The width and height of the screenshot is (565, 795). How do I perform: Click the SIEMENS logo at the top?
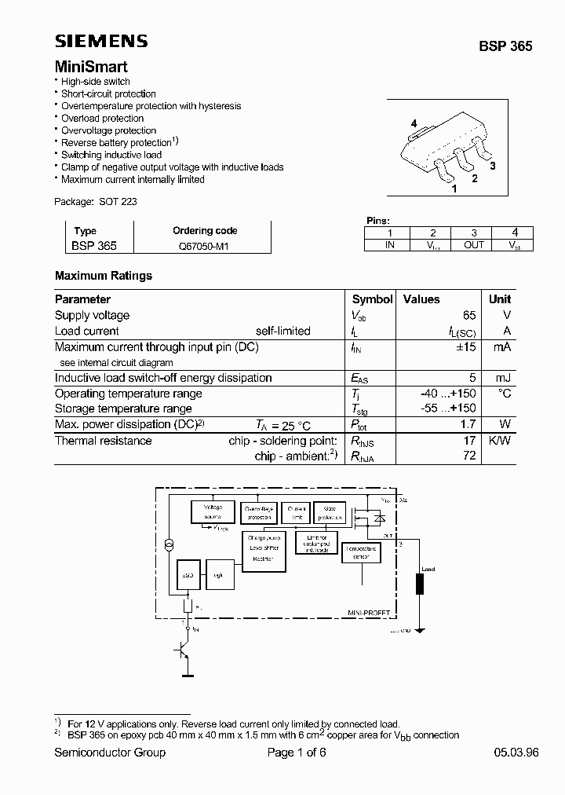pos(100,42)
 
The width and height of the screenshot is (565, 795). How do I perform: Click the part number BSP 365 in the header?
pos(505,46)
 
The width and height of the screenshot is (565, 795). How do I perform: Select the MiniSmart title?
pos(91,68)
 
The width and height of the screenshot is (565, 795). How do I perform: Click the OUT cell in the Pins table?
pos(473,245)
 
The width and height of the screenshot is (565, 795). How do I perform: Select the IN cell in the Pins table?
pos(389,245)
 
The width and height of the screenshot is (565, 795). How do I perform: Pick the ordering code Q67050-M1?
pos(204,246)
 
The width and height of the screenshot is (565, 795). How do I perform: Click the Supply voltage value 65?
pos(468,315)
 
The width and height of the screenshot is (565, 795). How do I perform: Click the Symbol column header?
pos(372,299)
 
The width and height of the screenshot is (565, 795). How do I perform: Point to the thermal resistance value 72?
pos(469,456)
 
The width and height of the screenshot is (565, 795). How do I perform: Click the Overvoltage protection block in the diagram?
pos(260,512)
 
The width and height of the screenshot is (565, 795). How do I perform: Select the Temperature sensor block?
pos(361,553)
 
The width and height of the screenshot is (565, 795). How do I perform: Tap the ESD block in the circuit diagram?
pos(188,575)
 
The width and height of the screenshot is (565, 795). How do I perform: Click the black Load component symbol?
pos(420,585)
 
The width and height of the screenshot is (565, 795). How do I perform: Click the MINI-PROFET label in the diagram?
pos(367,612)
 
